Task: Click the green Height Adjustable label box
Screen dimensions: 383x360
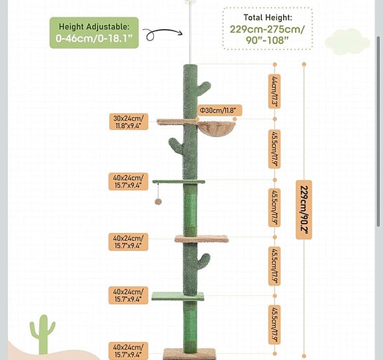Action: click(x=94, y=33)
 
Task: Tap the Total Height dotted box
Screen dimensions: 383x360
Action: click(x=268, y=29)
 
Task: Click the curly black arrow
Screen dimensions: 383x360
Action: click(x=163, y=33)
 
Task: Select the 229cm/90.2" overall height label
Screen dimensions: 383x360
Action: click(x=304, y=210)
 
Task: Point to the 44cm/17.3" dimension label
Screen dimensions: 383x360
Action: click(x=274, y=91)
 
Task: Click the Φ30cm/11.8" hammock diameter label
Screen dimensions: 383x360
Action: click(x=219, y=110)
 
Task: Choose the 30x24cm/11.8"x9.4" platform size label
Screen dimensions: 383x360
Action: click(x=129, y=122)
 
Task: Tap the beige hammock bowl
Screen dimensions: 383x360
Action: click(x=216, y=128)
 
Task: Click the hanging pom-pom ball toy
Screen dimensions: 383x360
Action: click(x=158, y=202)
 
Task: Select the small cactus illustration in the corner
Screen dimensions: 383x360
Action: click(x=43, y=334)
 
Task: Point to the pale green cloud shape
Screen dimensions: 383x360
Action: click(x=347, y=42)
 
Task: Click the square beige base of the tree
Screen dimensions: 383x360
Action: click(x=190, y=354)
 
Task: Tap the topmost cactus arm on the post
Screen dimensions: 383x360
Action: click(x=203, y=89)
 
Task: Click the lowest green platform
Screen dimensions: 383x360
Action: click(x=178, y=296)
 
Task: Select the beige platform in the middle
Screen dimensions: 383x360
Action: click(x=202, y=239)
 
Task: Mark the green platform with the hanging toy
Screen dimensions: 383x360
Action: click(x=179, y=182)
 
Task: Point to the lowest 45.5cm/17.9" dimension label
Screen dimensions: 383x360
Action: click(x=274, y=325)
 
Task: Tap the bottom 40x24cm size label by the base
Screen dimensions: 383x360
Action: click(x=129, y=351)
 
